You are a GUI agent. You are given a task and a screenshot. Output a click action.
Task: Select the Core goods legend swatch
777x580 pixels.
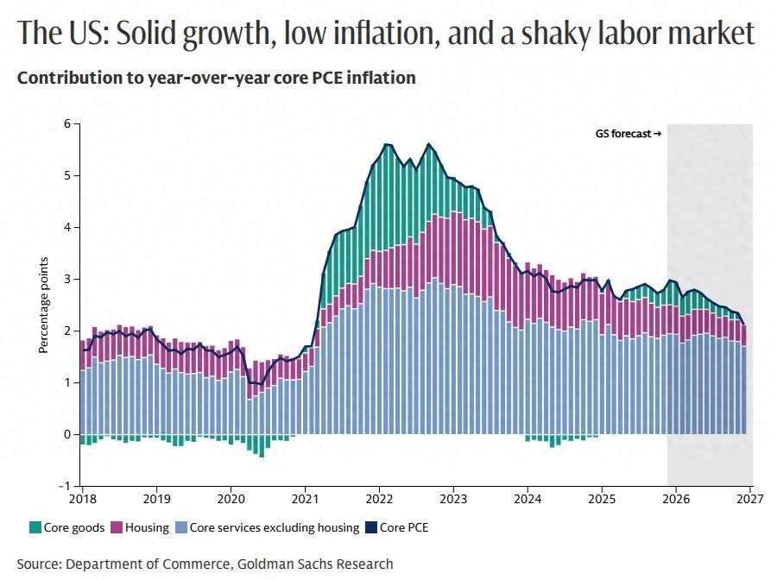point(35,526)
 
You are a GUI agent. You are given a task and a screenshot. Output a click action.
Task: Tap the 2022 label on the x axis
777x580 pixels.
point(379,499)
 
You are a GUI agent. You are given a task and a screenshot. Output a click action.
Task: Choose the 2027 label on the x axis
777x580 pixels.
point(749,499)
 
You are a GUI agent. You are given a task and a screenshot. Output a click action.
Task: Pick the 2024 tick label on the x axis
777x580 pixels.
point(527,499)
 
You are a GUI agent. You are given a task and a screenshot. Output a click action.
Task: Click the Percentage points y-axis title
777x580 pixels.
point(42,305)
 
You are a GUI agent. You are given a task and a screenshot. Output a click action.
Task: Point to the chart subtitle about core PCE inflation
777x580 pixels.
point(217,78)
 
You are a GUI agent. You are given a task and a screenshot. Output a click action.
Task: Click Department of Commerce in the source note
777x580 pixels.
point(146,564)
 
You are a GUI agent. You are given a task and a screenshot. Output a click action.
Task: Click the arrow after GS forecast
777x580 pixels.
point(657,134)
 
